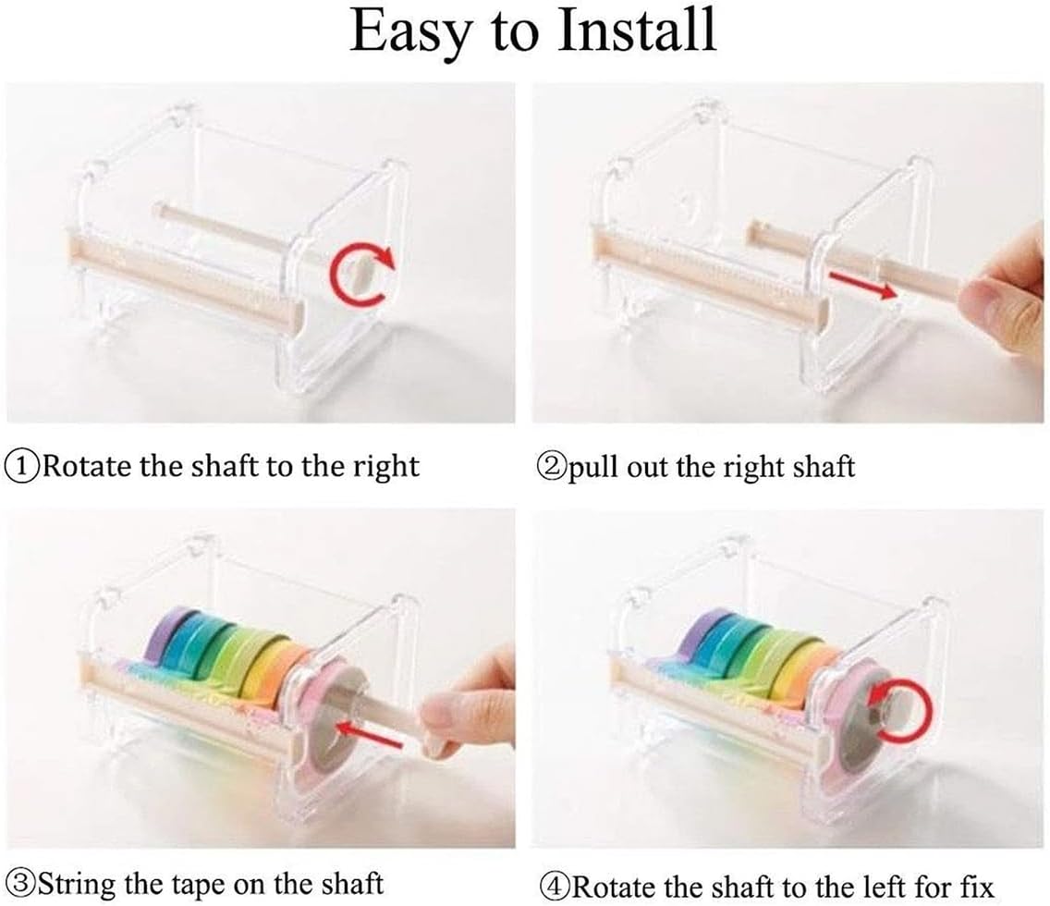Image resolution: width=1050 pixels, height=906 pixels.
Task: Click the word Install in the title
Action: tap(638, 31)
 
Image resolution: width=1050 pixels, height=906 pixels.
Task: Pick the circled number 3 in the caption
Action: tap(22, 882)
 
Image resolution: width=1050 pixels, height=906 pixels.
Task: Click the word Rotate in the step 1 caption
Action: tap(88, 466)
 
